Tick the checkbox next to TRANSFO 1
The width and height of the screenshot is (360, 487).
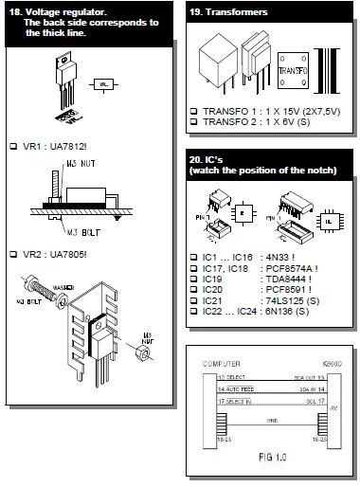click(x=193, y=112)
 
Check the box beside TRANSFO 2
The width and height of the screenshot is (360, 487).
click(x=193, y=124)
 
